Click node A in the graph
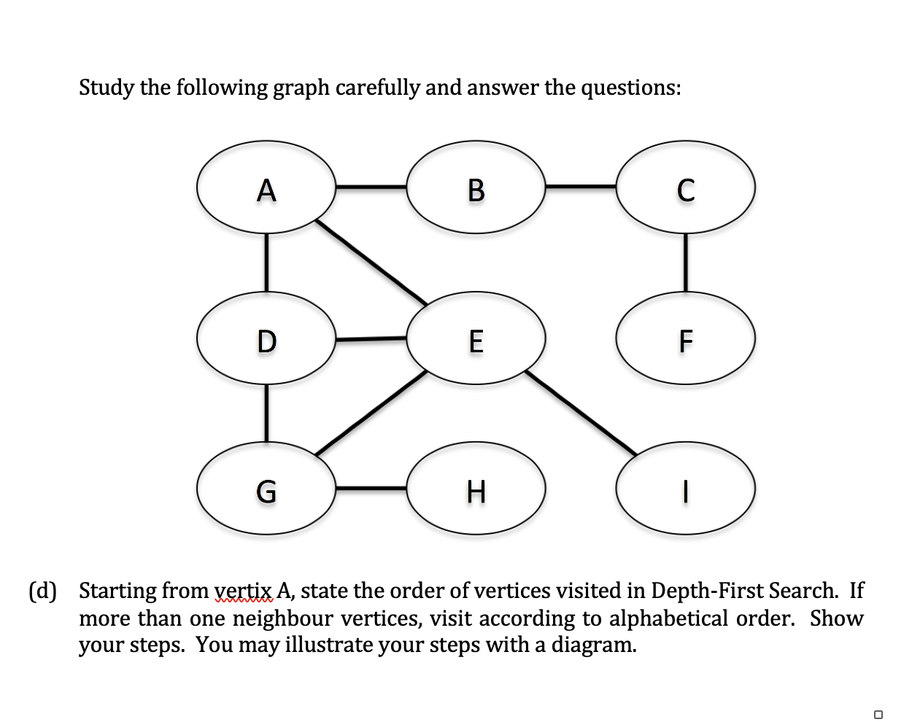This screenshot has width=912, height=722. click(266, 187)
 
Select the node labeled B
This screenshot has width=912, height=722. click(476, 187)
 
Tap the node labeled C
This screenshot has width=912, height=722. click(685, 187)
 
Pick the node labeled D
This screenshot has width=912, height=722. click(266, 338)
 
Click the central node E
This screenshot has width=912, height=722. click(476, 338)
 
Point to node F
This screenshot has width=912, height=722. click(685, 338)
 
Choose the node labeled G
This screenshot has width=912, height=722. click(266, 489)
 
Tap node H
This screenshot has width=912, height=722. click(476, 489)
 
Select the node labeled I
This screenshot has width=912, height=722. click(685, 489)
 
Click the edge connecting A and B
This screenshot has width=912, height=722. click(371, 187)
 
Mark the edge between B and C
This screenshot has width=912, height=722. click(581, 187)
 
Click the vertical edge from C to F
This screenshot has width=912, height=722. click(685, 263)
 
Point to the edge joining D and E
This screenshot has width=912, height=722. click(371, 338)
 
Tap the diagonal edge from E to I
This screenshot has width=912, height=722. click(581, 413)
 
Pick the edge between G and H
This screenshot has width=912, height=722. click(371, 487)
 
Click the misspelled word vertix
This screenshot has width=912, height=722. click(244, 591)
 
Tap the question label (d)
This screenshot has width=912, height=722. click(42, 591)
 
